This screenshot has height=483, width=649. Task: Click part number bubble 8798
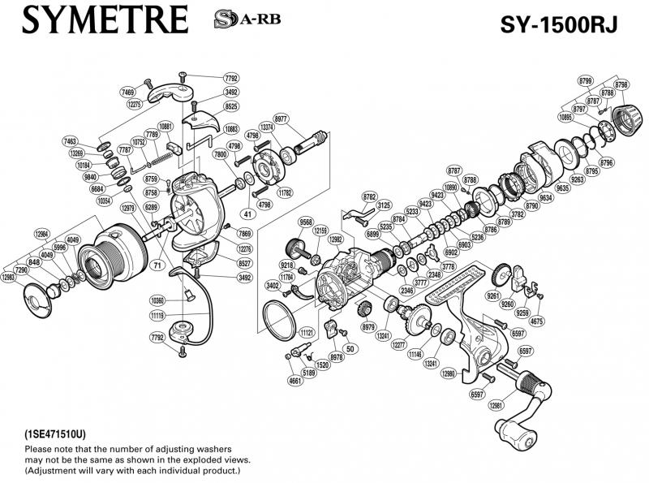(622, 84)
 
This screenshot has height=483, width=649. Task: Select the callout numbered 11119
(157, 313)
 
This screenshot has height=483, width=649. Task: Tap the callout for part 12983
(9, 277)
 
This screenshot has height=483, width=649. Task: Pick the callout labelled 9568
(306, 222)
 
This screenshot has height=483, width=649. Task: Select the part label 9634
(546, 196)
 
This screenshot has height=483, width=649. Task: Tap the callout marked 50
(350, 348)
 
